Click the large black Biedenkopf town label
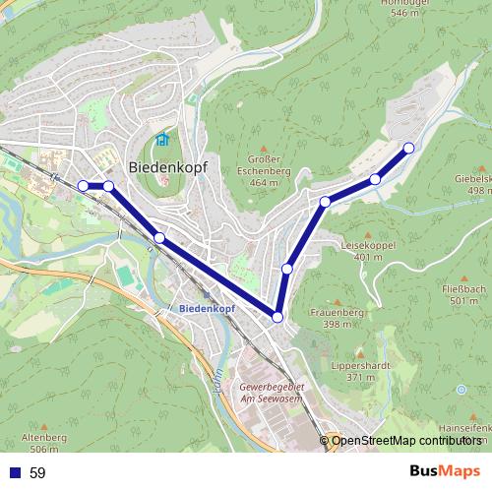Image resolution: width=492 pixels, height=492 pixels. (x=167, y=166)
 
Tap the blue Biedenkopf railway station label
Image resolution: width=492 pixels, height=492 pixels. (x=208, y=308)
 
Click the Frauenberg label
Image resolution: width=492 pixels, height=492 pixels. (x=337, y=319)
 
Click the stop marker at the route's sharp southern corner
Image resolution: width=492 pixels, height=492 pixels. (x=277, y=317)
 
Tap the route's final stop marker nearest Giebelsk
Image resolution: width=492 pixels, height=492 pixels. (x=408, y=149)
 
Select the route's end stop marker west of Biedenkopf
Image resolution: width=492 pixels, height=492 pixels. (x=83, y=185)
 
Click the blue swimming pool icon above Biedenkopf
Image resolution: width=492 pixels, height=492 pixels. (x=162, y=141)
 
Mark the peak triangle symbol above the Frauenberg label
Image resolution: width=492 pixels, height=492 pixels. (x=337, y=301)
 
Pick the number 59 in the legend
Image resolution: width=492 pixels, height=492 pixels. (x=37, y=473)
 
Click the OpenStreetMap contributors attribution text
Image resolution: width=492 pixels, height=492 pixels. (x=406, y=440)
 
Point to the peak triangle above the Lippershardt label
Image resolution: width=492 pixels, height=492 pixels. (x=361, y=352)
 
